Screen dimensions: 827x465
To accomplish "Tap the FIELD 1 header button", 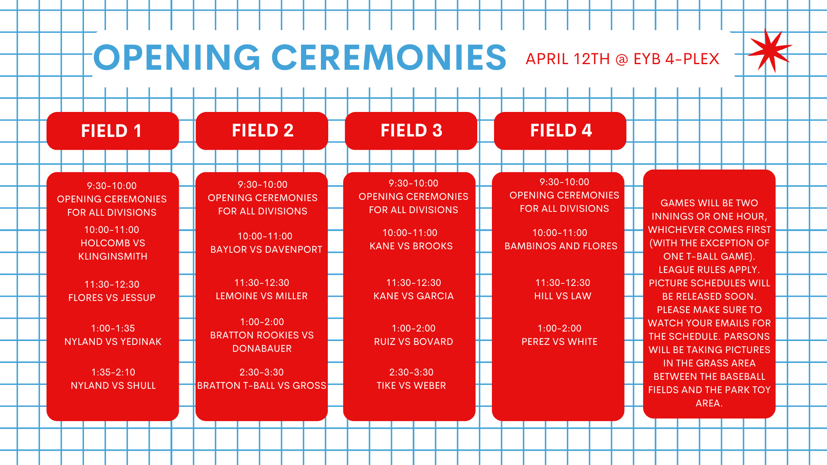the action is [112, 131].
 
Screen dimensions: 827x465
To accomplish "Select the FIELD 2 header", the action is [262, 131].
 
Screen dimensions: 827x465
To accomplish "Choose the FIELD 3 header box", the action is [411, 131].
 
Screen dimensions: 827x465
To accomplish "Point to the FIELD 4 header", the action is [560, 131].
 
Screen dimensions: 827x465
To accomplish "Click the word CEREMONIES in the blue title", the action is [389, 57].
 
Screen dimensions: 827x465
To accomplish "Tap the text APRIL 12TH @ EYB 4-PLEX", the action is [622, 59].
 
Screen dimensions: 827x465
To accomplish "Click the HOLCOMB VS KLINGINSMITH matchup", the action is [112, 250].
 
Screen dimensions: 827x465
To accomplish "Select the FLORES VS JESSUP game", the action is [112, 298].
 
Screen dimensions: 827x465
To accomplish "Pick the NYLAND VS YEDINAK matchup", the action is [113, 341].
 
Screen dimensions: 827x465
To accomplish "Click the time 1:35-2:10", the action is [113, 372].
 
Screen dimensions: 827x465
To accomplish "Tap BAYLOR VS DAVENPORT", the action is [266, 249].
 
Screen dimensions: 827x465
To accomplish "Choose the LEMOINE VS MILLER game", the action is [262, 296].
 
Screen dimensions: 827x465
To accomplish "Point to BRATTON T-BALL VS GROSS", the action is [262, 385].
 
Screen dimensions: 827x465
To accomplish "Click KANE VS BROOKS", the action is [411, 246].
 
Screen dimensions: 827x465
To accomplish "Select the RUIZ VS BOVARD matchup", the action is [413, 341].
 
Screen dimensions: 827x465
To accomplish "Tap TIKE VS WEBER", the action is [411, 385].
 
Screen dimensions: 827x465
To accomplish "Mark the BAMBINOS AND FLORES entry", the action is [561, 246].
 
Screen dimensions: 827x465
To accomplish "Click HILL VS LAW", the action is [563, 296].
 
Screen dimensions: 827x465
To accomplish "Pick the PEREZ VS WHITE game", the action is [560, 341].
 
